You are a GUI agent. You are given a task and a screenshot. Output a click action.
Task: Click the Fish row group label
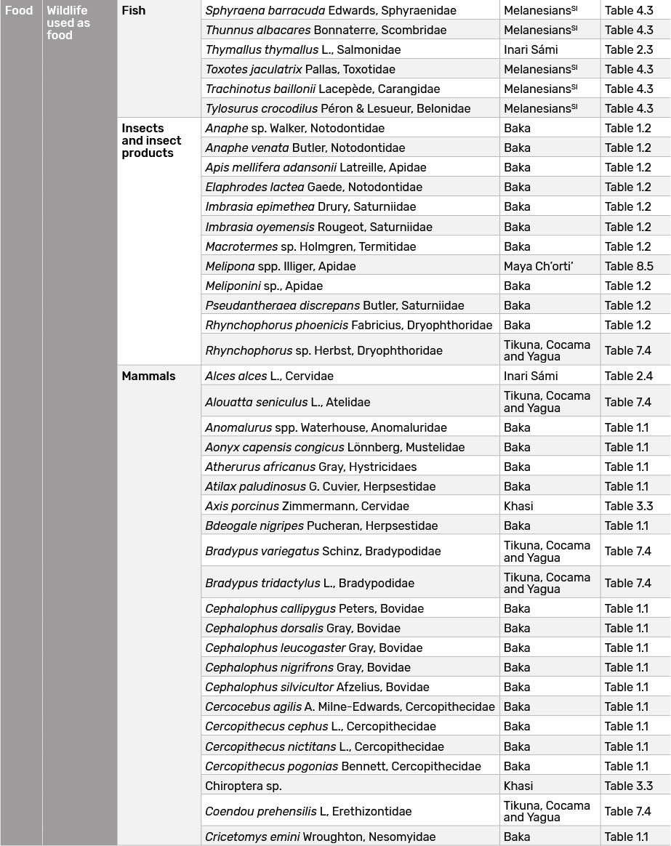pyautogui.click(x=134, y=11)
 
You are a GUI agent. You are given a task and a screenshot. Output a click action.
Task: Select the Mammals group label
pyautogui.click(x=148, y=376)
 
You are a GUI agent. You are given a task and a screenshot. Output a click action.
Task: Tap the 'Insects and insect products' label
pyautogui.click(x=151, y=140)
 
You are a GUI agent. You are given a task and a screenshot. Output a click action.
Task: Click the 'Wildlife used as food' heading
pyautogui.click(x=68, y=23)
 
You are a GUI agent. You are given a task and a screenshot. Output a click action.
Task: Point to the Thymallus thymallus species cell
pyautogui.click(x=302, y=50)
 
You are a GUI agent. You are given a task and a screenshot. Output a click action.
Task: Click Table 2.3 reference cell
pyautogui.click(x=629, y=50)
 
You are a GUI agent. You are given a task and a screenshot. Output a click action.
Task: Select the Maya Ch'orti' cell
pyautogui.click(x=538, y=266)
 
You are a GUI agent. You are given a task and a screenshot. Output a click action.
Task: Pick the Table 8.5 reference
pyautogui.click(x=629, y=266)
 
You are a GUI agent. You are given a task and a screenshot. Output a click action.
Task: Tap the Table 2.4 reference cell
pyautogui.click(x=629, y=376)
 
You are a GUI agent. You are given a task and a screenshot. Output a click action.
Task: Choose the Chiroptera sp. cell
pyautogui.click(x=243, y=786)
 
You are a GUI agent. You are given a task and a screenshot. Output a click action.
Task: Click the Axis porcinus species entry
pyautogui.click(x=307, y=506)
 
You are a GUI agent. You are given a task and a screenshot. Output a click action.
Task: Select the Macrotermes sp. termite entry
pyautogui.click(x=310, y=246)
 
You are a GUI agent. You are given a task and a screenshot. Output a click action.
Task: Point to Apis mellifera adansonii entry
pyautogui.click(x=316, y=167)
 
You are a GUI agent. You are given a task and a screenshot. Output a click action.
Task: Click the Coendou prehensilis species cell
pyautogui.click(x=308, y=811)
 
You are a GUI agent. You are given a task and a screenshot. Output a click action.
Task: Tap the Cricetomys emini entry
pyautogui.click(x=320, y=837)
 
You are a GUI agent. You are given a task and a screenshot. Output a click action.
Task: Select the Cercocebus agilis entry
pyautogui.click(x=350, y=706)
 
